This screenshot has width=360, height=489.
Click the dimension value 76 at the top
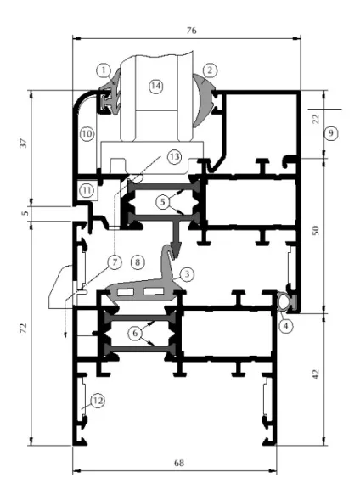pyautogui.click(x=192, y=31)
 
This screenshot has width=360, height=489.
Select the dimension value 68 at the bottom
pyautogui.click(x=179, y=463)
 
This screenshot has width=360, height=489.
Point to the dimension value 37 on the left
pyautogui.click(x=24, y=143)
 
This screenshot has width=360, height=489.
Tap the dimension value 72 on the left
pyautogui.click(x=24, y=328)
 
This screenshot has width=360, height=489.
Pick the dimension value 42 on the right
pyautogui.click(x=316, y=374)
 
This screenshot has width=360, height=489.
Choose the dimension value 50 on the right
pyautogui.click(x=316, y=230)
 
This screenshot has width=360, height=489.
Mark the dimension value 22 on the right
pyautogui.click(x=316, y=119)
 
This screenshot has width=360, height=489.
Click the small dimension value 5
pyautogui.click(x=25, y=213)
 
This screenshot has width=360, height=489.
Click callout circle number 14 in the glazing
pyautogui.click(x=156, y=86)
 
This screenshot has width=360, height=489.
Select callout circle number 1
pyautogui.click(x=104, y=70)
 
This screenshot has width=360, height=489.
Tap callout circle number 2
pyautogui.click(x=210, y=70)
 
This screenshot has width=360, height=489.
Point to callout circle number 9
pyautogui.click(x=330, y=133)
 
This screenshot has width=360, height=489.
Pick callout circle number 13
pyautogui.click(x=174, y=156)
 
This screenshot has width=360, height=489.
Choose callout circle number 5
pyautogui.click(x=162, y=202)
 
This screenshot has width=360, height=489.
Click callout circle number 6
pyautogui.click(x=135, y=334)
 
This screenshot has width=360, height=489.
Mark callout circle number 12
pyautogui.click(x=98, y=401)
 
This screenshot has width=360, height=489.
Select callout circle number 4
pyautogui.click(x=286, y=326)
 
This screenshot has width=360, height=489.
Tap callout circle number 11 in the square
pyautogui.click(x=87, y=190)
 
